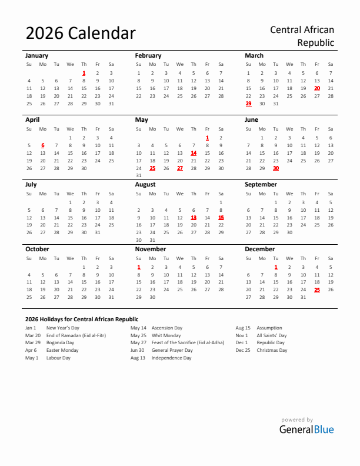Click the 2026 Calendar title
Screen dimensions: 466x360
pyautogui.click(x=81, y=34)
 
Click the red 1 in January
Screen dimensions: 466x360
pyautogui.click(x=84, y=73)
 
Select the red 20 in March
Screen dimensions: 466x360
pyautogui.click(x=317, y=88)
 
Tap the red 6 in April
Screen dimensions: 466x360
pyautogui.click(x=43, y=145)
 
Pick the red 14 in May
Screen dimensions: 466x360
pyautogui.click(x=194, y=153)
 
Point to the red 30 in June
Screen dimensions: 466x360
pyautogui.click(x=276, y=168)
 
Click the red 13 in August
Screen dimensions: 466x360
pyautogui.click(x=194, y=217)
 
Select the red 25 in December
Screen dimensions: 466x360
pyautogui.click(x=317, y=289)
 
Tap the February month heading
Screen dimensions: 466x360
pyautogui.click(x=148, y=55)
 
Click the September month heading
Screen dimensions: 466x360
pyautogui.click(x=261, y=185)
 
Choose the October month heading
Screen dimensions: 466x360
pyautogui.click(x=37, y=249)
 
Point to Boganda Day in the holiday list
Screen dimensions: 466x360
pyautogui.click(x=60, y=342)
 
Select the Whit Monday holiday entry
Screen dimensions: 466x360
pyautogui.click(x=166, y=335)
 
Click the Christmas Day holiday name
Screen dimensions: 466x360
pyautogui.click(x=272, y=350)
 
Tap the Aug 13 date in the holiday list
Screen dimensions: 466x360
pyautogui.click(x=138, y=358)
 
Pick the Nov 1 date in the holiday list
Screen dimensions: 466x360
pyautogui.click(x=242, y=335)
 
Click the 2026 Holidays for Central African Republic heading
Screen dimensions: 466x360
pyautogui.click(x=82, y=319)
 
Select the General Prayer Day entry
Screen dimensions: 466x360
pyautogui.click(x=172, y=350)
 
